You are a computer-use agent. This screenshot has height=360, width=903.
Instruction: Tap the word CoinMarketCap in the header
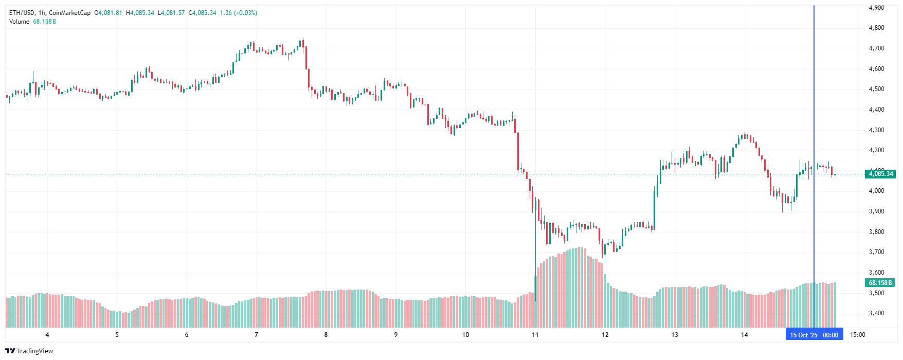[69, 13]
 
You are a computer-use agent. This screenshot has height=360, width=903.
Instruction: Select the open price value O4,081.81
[108, 13]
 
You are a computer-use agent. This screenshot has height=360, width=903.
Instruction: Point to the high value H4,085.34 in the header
[140, 13]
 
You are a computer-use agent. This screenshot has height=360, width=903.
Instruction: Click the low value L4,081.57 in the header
[171, 13]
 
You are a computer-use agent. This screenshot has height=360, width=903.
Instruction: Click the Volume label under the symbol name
[19, 22]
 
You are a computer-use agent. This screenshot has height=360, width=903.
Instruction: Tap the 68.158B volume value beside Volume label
[44, 22]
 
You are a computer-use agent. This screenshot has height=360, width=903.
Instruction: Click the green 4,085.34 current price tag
[880, 174]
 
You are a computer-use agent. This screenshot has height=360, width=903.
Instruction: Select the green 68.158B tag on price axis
[880, 283]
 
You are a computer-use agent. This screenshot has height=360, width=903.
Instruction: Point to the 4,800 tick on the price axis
[876, 28]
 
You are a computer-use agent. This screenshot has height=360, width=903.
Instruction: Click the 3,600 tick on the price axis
[876, 273]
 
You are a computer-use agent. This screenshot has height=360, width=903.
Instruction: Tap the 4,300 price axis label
[876, 130]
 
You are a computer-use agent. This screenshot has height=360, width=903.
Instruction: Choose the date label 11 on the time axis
[535, 335]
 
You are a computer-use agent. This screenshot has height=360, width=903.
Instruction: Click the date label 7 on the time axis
[256, 335]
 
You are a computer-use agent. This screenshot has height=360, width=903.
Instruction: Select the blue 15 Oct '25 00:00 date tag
[814, 335]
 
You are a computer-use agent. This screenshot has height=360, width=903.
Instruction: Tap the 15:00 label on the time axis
[857, 335]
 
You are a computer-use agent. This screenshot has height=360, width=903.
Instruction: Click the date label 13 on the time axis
[675, 335]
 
